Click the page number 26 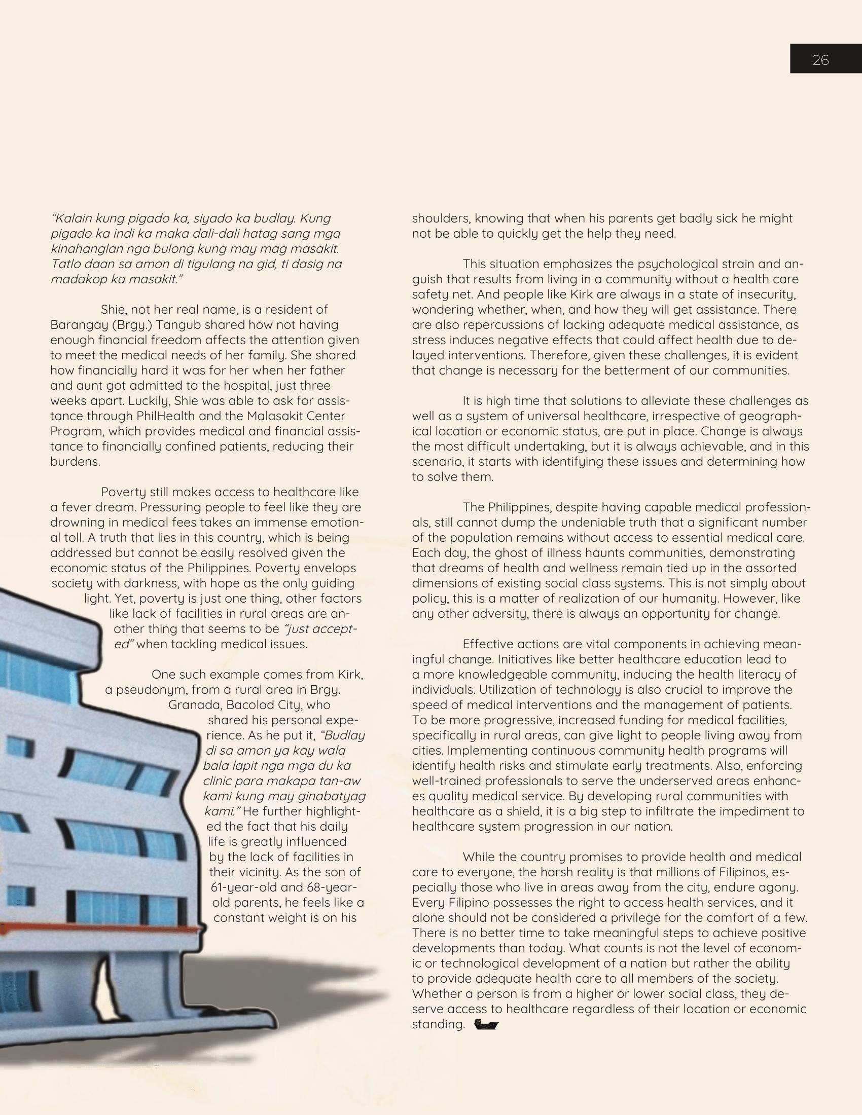pos(820,60)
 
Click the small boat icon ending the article pos(486,1025)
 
